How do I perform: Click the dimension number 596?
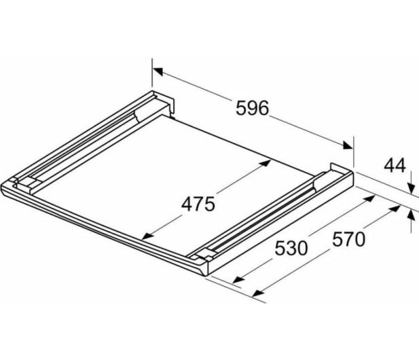coord(252,108)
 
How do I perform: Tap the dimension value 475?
coord(198,204)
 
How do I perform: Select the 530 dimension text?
coord(291,248)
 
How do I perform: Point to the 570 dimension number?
coord(348,239)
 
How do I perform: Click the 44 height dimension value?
coord(395,166)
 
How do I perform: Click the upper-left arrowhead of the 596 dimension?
coord(158,71)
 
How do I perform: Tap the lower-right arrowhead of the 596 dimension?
coord(348,145)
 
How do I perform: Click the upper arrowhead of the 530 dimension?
coord(369,198)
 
